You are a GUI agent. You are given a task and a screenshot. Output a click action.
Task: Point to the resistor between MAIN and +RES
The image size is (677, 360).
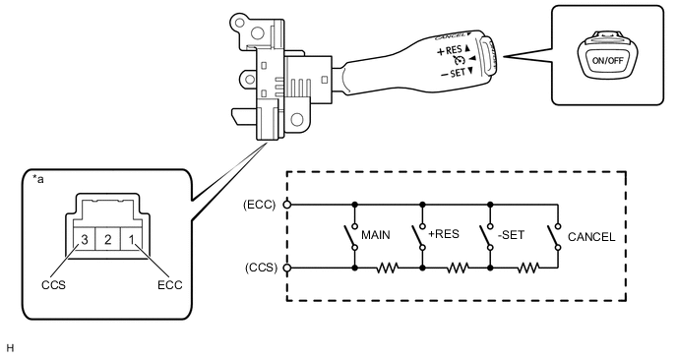[388, 267]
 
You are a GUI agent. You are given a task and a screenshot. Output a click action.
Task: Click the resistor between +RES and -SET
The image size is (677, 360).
[456, 267]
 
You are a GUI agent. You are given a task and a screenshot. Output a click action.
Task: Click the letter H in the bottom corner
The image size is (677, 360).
[10, 348]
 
